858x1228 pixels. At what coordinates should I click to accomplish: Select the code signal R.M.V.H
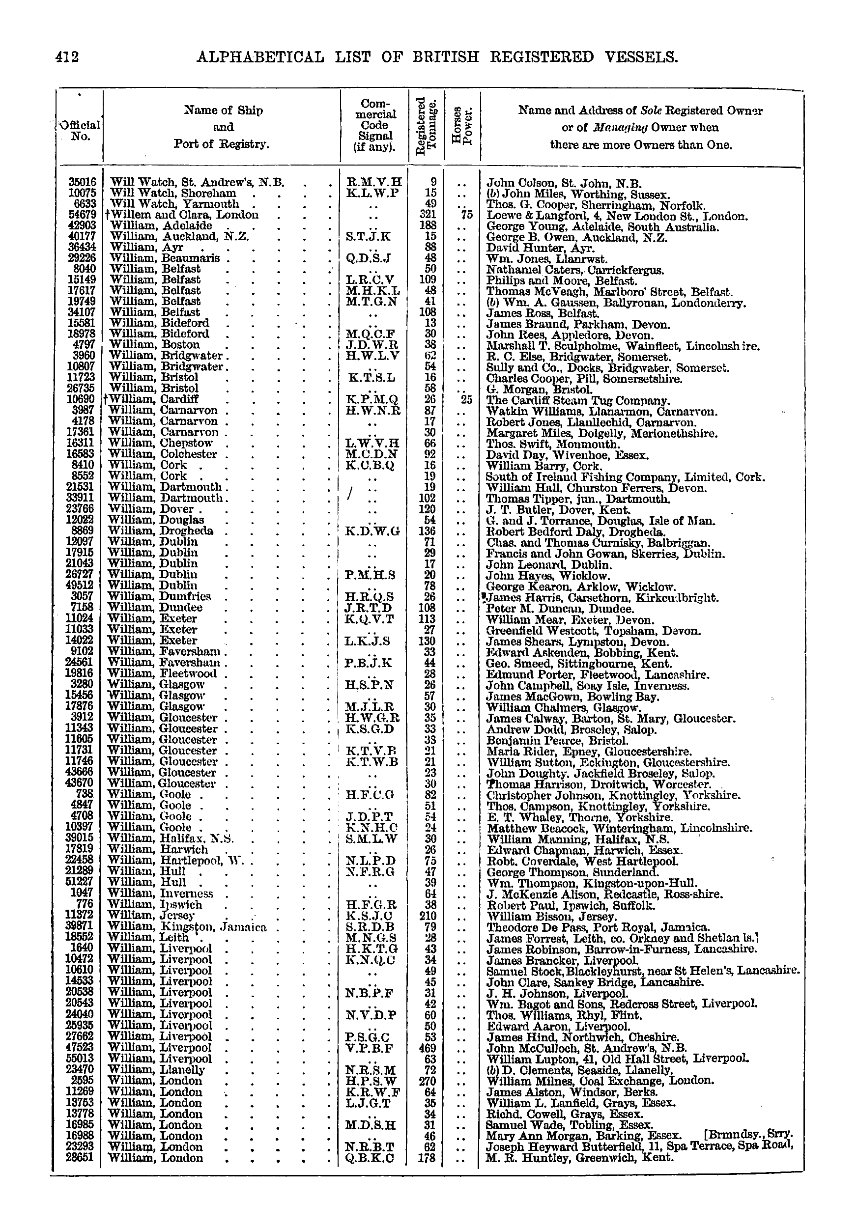tap(374, 182)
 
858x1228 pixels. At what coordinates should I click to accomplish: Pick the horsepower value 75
tap(466, 215)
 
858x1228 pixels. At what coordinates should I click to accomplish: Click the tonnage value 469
tap(429, 1048)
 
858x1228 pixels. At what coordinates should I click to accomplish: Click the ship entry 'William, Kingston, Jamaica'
tap(187, 927)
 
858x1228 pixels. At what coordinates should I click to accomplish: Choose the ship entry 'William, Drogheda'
tap(161, 531)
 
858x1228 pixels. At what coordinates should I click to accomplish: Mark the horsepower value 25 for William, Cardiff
tap(466, 399)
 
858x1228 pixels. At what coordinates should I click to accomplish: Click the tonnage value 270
tap(429, 1080)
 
